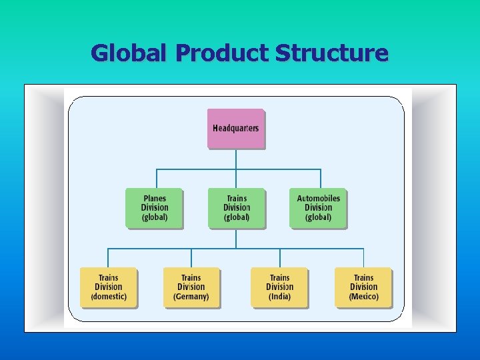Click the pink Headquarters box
[x=236, y=128]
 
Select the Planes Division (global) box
[x=154, y=208]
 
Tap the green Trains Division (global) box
[x=236, y=208]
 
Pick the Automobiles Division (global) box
[x=318, y=208]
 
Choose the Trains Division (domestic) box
[x=108, y=287]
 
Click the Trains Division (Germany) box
[x=191, y=287]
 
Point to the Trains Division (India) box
[x=279, y=287]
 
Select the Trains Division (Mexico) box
[x=363, y=287]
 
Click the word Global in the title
[x=129, y=53]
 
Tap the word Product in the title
[x=221, y=53]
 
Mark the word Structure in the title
[x=331, y=53]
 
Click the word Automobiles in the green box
[x=318, y=198]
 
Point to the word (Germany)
[x=191, y=297]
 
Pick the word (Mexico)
[x=363, y=297]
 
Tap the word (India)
[x=279, y=297]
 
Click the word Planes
[x=154, y=198]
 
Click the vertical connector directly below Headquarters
[x=236, y=159]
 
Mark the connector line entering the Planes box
[x=157, y=179]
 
